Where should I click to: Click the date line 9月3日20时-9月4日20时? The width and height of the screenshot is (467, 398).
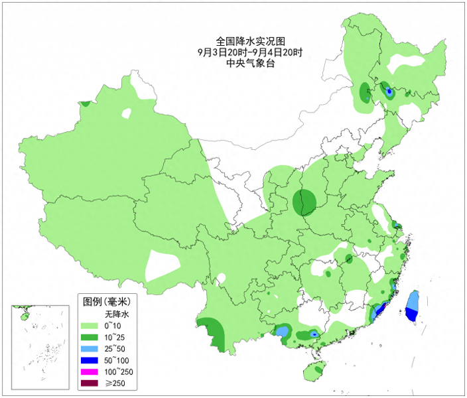point(250,52)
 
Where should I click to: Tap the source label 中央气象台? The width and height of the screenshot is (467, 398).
point(250,64)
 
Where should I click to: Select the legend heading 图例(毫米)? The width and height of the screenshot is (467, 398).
point(107,301)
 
